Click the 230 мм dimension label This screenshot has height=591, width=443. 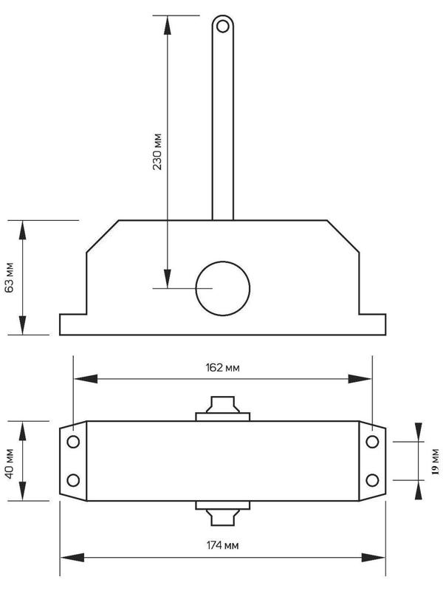tap(157, 152)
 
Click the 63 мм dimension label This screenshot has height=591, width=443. tap(10, 278)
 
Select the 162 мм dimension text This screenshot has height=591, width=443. tap(223, 367)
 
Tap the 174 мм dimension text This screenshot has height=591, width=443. tap(223, 545)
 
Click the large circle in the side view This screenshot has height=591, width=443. tap(222, 287)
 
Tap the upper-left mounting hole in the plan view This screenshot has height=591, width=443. tap(73, 442)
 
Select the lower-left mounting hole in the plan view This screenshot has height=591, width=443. tap(73, 480)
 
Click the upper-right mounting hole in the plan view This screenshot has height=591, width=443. tap(373, 442)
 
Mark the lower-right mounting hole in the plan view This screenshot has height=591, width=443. tap(373, 480)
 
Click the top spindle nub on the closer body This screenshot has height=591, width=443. tap(222, 407)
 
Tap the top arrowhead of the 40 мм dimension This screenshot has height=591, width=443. tap(23, 431)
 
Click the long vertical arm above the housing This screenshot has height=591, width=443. tap(222, 126)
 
